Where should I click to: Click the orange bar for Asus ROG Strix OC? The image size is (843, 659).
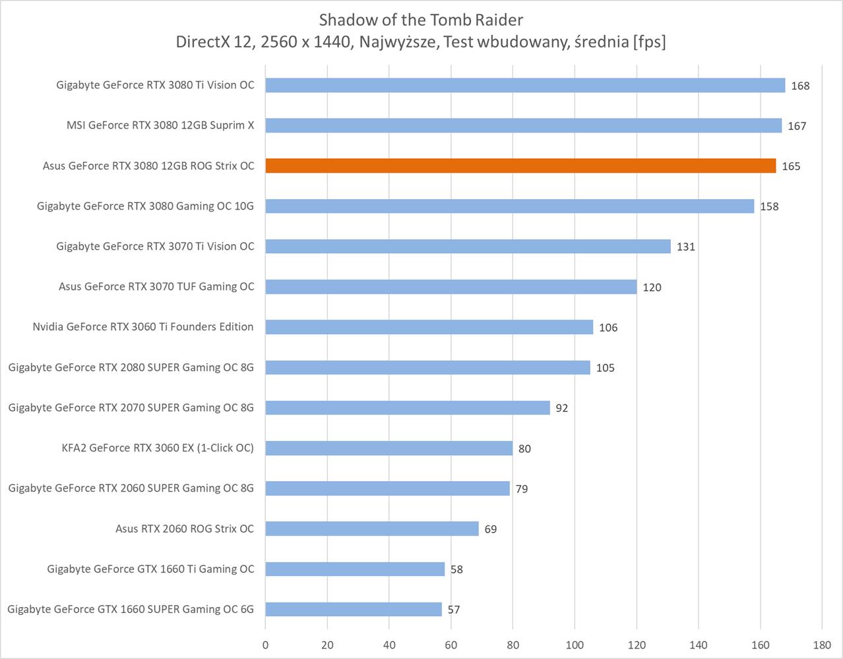tap(520, 166)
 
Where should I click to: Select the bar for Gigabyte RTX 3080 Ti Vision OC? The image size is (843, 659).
tap(525, 86)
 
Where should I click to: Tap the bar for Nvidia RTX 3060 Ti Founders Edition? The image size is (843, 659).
tap(429, 327)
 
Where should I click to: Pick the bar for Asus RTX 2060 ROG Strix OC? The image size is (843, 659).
tap(372, 529)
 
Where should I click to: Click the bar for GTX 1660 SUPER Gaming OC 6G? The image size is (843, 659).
tap(354, 609)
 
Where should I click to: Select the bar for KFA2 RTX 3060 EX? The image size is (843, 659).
tap(389, 448)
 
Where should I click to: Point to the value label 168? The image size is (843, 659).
tap(800, 86)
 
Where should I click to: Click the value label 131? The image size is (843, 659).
tap(686, 247)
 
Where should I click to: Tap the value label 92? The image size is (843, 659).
tap(561, 409)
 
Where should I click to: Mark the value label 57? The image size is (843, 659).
tap(453, 610)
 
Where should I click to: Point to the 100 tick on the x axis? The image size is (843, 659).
tap(575, 645)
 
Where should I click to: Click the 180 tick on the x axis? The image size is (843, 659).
tap(822, 645)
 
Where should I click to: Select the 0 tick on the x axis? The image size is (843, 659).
tap(266, 645)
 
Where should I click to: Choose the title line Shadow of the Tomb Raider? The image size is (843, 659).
tap(421, 19)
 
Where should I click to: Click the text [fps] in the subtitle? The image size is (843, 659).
tap(648, 42)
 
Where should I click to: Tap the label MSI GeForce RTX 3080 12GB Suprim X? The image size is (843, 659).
tap(160, 125)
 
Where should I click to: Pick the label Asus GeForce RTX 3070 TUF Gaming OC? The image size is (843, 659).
tap(156, 287)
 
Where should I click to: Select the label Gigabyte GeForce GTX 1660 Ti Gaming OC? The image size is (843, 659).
tap(150, 569)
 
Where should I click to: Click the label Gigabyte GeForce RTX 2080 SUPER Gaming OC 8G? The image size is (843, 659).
tap(131, 367)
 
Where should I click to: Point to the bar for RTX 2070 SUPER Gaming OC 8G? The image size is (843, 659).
tap(408, 408)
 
